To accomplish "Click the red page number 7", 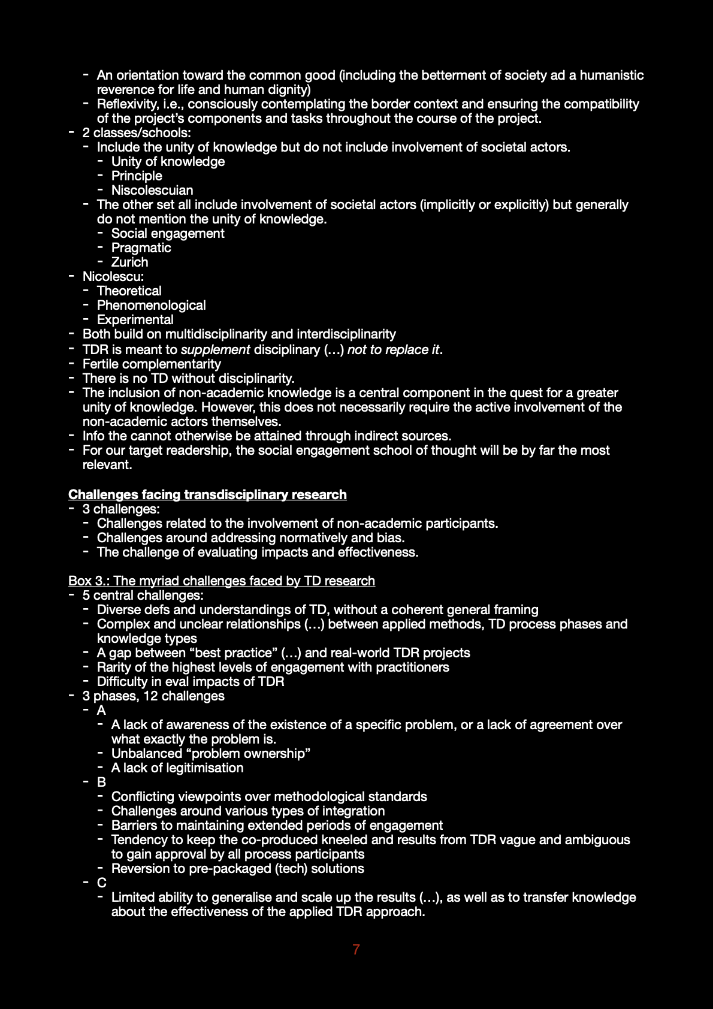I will click(356, 949).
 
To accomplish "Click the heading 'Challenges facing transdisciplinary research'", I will click(207, 494).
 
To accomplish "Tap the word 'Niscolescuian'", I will click(152, 190).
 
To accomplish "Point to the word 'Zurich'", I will click(129, 262).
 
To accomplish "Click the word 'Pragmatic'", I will click(141, 247).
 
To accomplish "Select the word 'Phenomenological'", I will click(151, 305).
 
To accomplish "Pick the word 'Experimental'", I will click(135, 319).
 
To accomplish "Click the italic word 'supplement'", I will click(215, 349).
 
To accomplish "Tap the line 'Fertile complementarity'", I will click(152, 364).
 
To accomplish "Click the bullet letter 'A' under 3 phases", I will click(101, 710).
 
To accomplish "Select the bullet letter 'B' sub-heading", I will click(101, 782).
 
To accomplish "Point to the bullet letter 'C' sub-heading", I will click(101, 883).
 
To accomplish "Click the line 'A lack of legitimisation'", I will click(177, 768).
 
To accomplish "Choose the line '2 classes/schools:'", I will click(137, 132).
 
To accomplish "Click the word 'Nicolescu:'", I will click(113, 276).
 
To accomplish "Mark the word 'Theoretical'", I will click(129, 291).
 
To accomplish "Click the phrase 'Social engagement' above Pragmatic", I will click(168, 233).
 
